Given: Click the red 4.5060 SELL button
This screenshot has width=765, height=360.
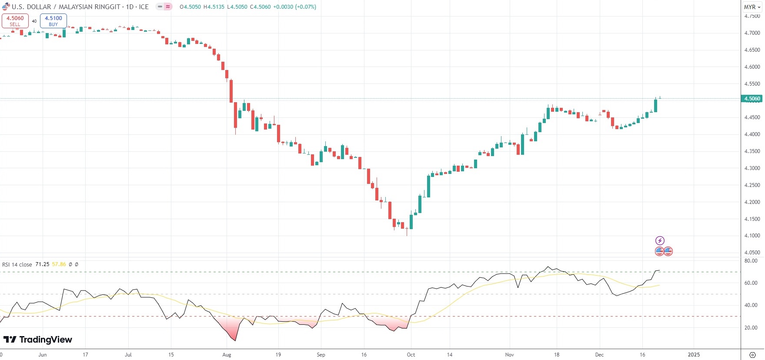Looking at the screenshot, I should (x=15, y=21).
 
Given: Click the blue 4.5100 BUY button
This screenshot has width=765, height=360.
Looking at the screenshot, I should (x=53, y=21).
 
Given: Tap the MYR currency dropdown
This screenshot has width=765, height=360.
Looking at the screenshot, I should (x=752, y=7).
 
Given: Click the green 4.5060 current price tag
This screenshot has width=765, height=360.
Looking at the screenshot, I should (x=752, y=99).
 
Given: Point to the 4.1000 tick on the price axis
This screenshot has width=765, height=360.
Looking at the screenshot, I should (x=752, y=236).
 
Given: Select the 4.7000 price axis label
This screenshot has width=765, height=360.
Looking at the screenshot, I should (x=752, y=33).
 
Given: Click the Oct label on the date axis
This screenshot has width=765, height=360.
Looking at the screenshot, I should (x=411, y=355).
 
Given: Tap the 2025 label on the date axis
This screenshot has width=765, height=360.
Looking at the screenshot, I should (x=694, y=355).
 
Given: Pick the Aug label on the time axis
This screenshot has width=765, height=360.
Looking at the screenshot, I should (x=227, y=355).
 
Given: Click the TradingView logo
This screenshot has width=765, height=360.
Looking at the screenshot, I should (x=38, y=340).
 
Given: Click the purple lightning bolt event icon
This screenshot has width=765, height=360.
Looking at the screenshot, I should (x=660, y=240).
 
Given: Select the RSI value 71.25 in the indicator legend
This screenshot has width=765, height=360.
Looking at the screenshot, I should (x=42, y=264).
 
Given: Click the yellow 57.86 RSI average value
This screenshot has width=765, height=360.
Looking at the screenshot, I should (x=59, y=264).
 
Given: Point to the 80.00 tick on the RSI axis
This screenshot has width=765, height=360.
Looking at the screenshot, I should (x=751, y=261).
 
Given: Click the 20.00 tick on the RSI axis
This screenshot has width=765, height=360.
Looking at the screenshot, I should (x=751, y=328).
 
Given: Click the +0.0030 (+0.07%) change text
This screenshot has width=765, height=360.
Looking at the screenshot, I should (x=294, y=7).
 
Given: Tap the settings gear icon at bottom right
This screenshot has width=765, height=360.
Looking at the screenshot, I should (x=752, y=355).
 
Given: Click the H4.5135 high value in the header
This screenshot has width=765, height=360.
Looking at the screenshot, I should (x=214, y=7).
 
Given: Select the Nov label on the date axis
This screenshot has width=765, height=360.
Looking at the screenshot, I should (x=509, y=355).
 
